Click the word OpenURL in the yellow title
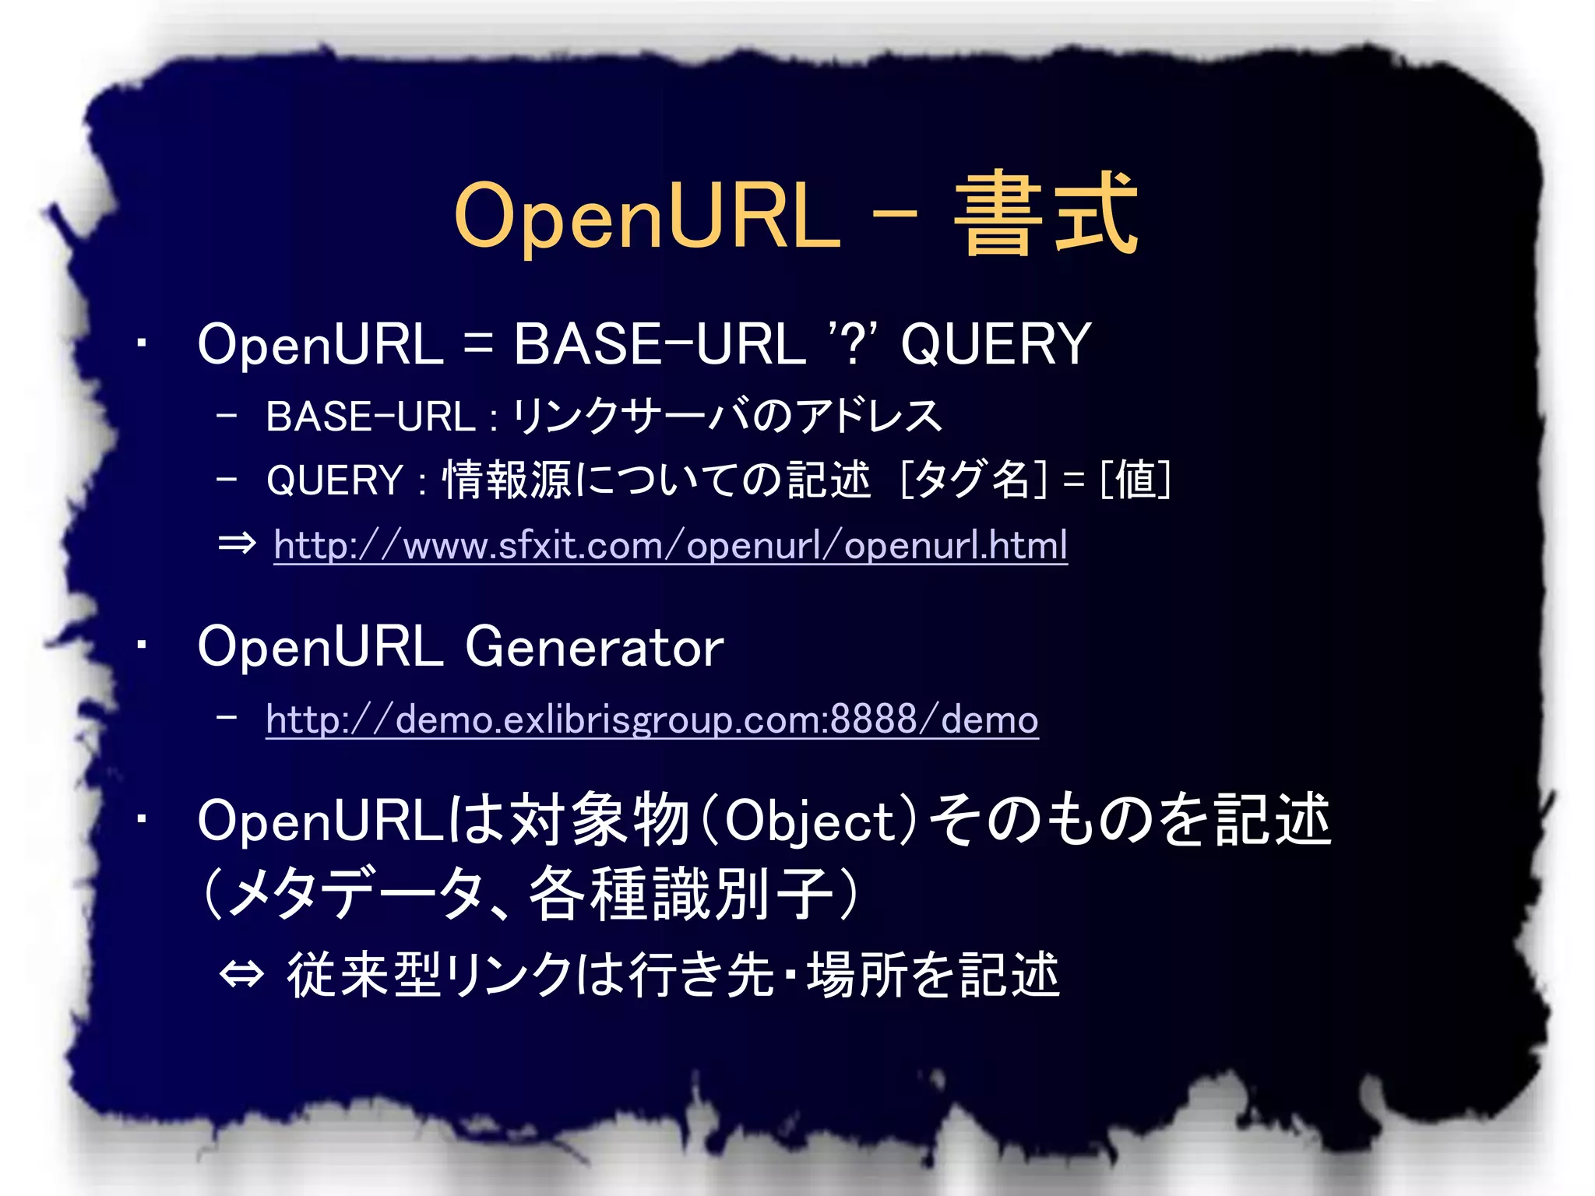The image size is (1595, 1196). pos(647,216)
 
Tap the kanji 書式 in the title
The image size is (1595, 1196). pos(1046,215)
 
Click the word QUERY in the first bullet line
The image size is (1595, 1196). pos(995,344)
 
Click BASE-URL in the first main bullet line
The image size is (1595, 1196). pos(659,344)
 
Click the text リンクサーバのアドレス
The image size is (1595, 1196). pos(727,416)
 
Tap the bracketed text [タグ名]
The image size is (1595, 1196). pos(974,479)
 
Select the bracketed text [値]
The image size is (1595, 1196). pos(1136,479)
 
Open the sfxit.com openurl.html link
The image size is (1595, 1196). pos(670,545)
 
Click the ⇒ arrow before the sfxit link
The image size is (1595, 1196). pos(237,543)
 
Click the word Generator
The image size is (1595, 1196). pos(594,647)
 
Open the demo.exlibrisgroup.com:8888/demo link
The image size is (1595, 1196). pos(651,719)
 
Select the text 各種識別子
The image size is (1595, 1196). pos(681,894)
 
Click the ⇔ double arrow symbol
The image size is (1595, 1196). pos(241,974)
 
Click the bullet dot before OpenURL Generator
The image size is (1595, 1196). pos(141,645)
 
